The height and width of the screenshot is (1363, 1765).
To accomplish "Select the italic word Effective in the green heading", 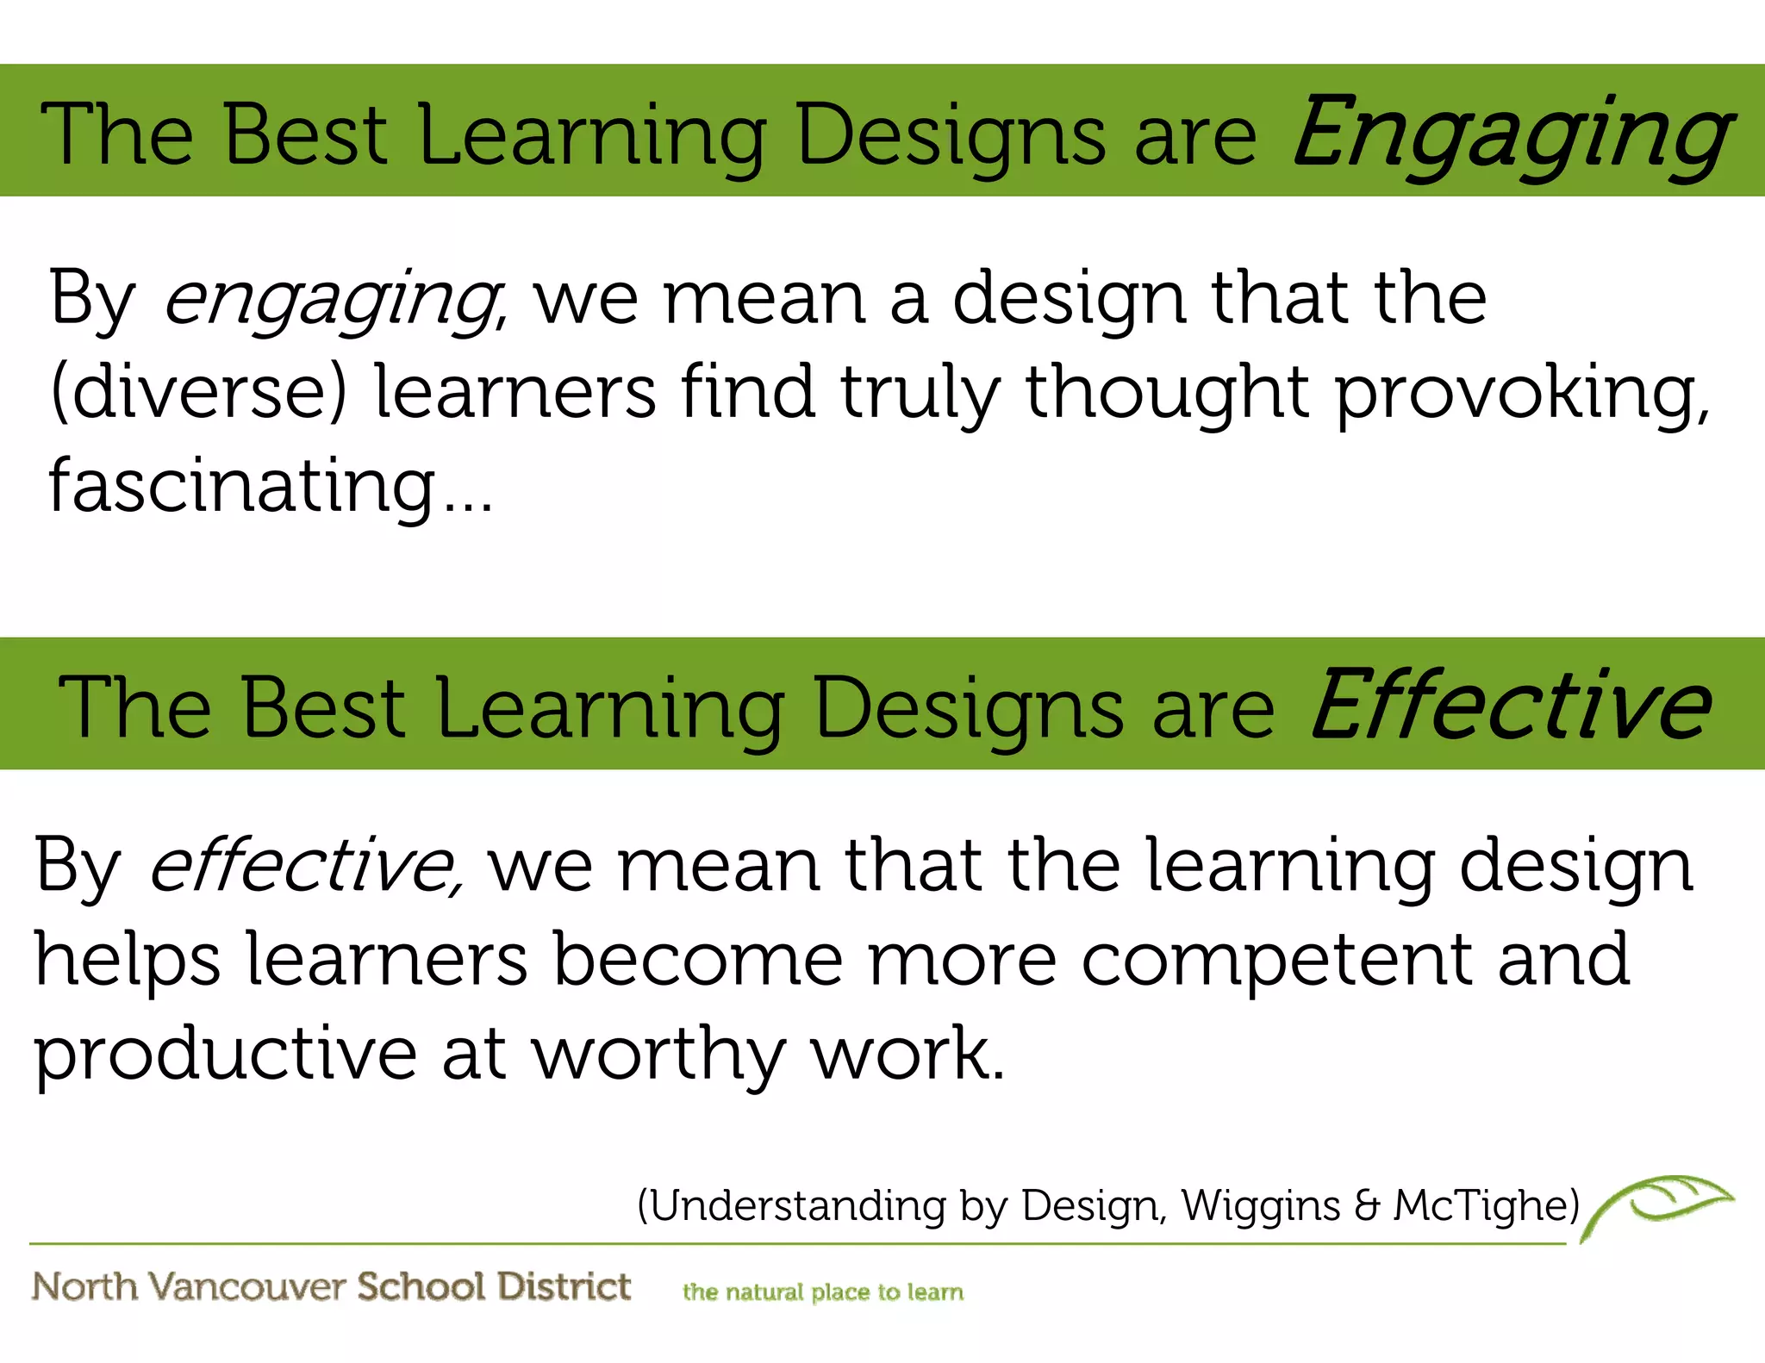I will [1510, 706].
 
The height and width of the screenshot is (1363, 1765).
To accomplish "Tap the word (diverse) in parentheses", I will [198, 392].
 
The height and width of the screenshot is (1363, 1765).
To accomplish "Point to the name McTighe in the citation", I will [1482, 1205].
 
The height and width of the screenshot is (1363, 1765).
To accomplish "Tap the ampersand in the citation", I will [1367, 1205].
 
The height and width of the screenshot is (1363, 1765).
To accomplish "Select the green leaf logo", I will [1659, 1203].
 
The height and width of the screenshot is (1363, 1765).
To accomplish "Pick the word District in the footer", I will [564, 1285].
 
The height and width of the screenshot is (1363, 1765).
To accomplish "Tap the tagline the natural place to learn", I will [823, 1291].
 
